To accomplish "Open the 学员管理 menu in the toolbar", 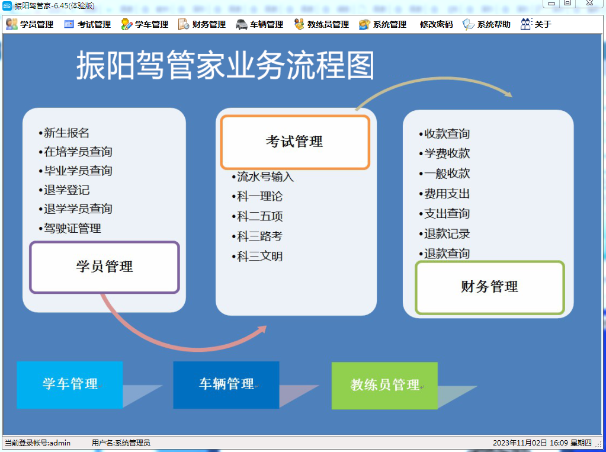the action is pos(30,24).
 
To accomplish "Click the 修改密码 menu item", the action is pos(436,24).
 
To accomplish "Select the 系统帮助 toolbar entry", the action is pos(486,24).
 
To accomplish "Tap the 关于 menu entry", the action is pos(536,24).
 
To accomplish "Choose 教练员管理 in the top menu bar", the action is pos(321,24).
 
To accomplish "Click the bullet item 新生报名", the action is pos(64,133).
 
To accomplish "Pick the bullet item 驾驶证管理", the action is pos(70,228).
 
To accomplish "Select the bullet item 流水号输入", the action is pos(263,177).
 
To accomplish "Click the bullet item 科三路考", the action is pos(257,236).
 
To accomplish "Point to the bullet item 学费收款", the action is pos(444,153).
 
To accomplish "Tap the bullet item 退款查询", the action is pos(444,254).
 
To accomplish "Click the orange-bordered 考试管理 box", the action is pos(295,142).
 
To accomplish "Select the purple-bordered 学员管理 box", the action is pos(104,267).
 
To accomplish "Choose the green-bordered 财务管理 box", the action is pos(490,287).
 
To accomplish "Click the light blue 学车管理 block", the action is pos(69,384).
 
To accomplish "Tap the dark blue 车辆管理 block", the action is pos(226,384).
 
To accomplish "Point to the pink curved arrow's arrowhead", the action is pos(262,329).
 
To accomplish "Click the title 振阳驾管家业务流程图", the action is pos(225,66).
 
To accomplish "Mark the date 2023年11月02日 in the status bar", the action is pos(520,443).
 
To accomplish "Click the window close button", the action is pos(590,3).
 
